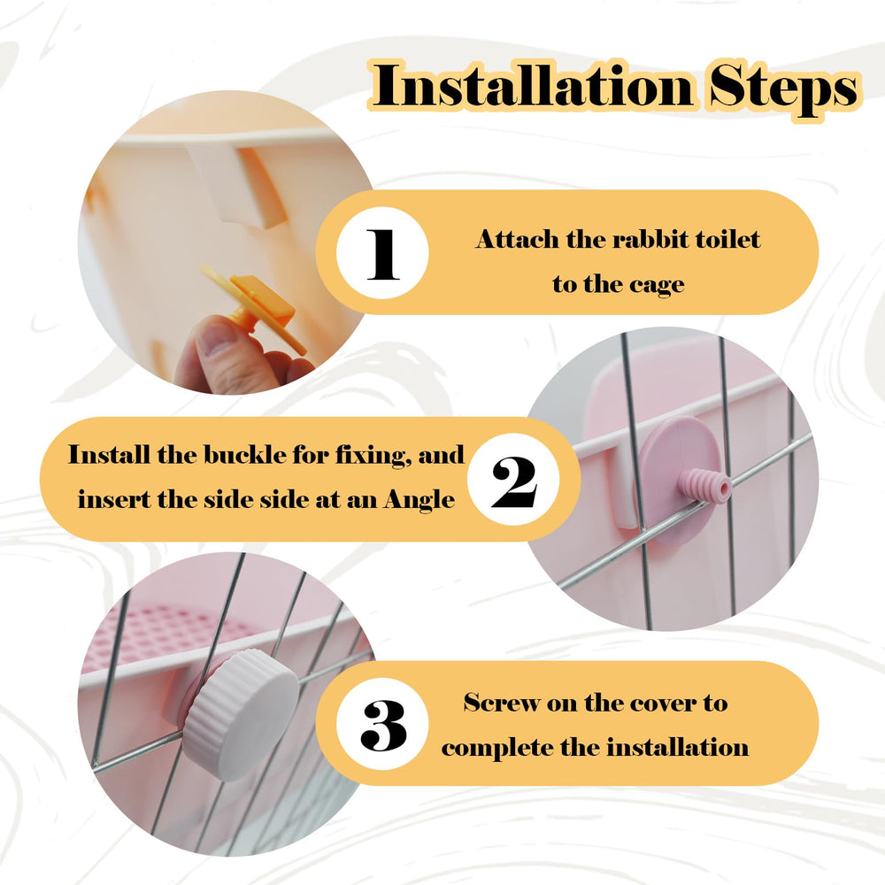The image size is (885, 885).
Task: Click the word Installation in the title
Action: (534, 87)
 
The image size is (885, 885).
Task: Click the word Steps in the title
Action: (783, 88)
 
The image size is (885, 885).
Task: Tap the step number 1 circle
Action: (382, 253)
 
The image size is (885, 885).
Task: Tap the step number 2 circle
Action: (513, 479)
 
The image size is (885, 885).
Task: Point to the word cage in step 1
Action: (657, 286)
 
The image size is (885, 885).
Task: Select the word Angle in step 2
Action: (419, 501)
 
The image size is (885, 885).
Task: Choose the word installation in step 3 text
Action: (677, 747)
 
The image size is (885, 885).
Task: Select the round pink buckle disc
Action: (679, 481)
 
